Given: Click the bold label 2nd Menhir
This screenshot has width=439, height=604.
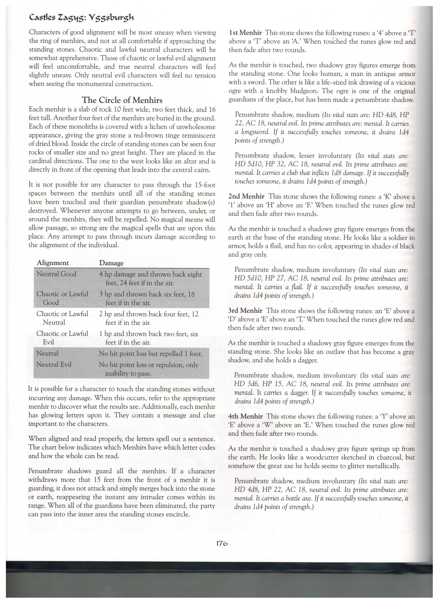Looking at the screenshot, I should [246, 197].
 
